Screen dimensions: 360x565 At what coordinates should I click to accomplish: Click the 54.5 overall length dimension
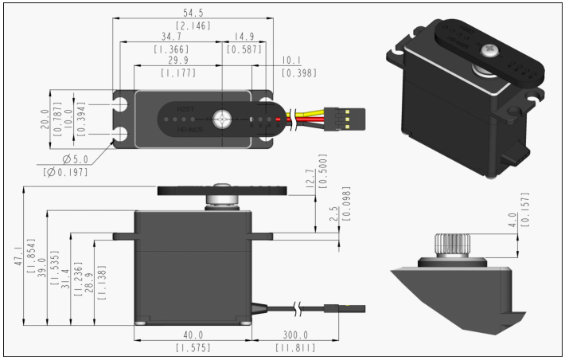[x=193, y=14]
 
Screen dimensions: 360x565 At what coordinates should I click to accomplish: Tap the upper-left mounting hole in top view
[x=121, y=105]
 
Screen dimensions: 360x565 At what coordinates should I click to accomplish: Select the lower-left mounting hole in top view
[x=121, y=133]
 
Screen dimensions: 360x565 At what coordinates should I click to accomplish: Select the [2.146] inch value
[x=193, y=25]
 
